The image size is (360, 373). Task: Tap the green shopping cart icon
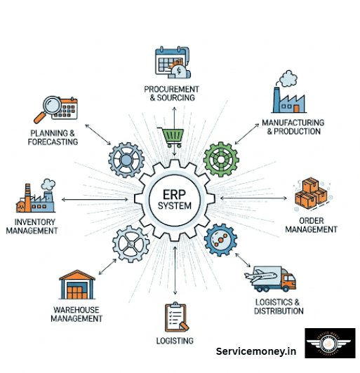[x=172, y=137]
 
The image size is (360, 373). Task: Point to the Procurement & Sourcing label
[x=171, y=93]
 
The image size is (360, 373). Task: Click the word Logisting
[x=175, y=341]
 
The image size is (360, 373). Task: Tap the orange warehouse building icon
[x=76, y=286]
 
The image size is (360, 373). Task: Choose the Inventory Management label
[x=32, y=226]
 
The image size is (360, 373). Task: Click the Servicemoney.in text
[x=256, y=351]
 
